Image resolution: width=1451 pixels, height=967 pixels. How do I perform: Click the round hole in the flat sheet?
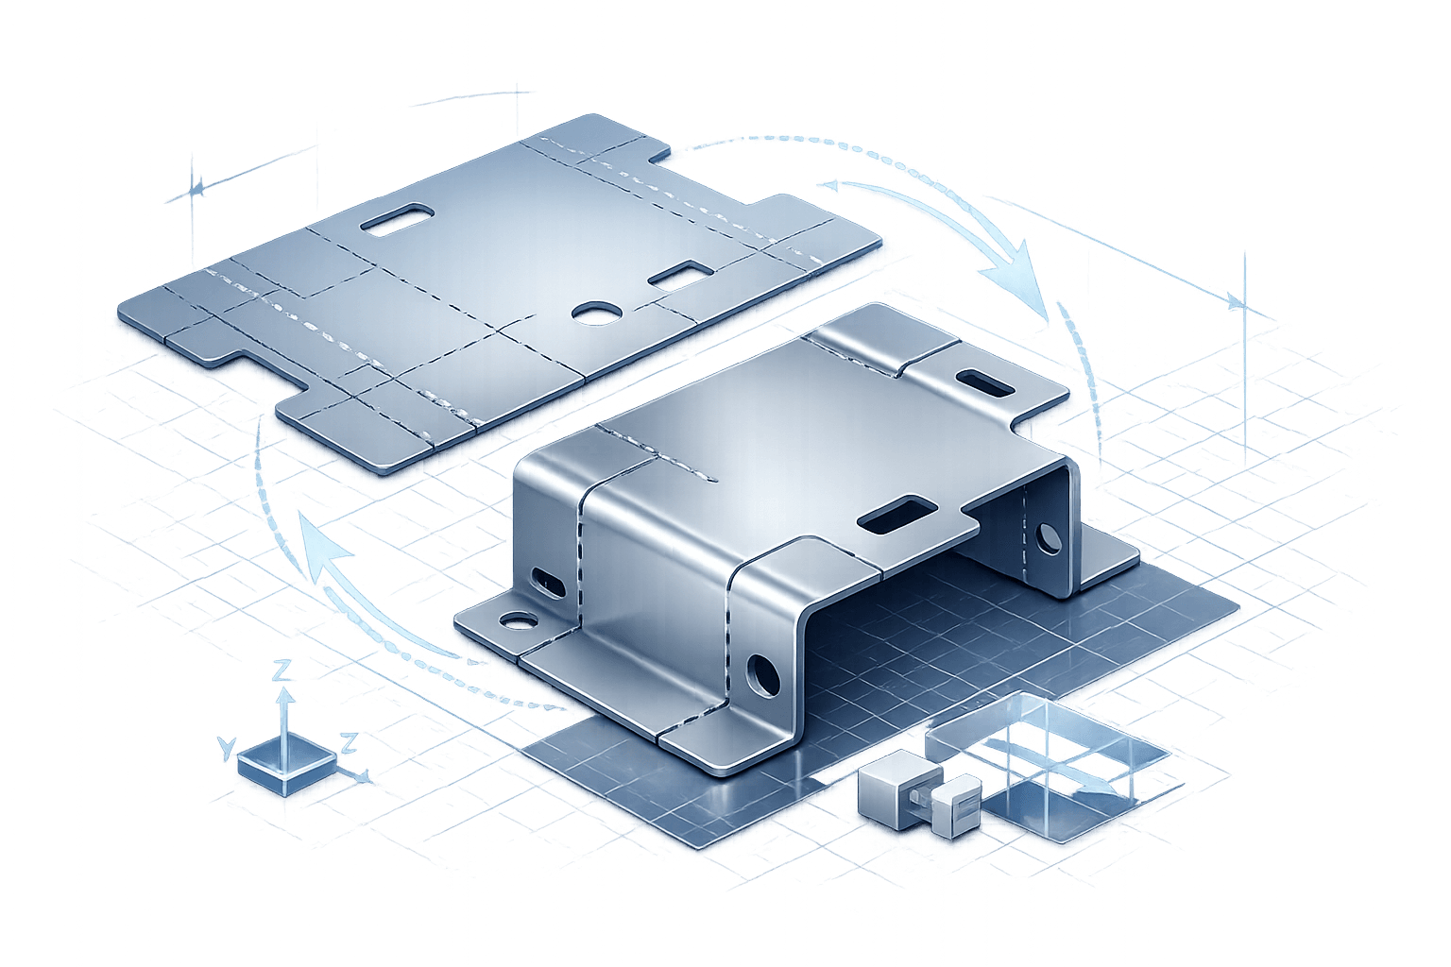593,312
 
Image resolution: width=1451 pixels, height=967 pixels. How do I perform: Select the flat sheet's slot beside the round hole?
679,276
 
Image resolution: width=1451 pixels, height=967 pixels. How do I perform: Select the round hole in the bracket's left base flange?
516,622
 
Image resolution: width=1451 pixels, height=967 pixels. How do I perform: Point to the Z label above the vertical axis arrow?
281,671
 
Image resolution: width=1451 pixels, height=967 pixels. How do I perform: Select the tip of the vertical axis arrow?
282,694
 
